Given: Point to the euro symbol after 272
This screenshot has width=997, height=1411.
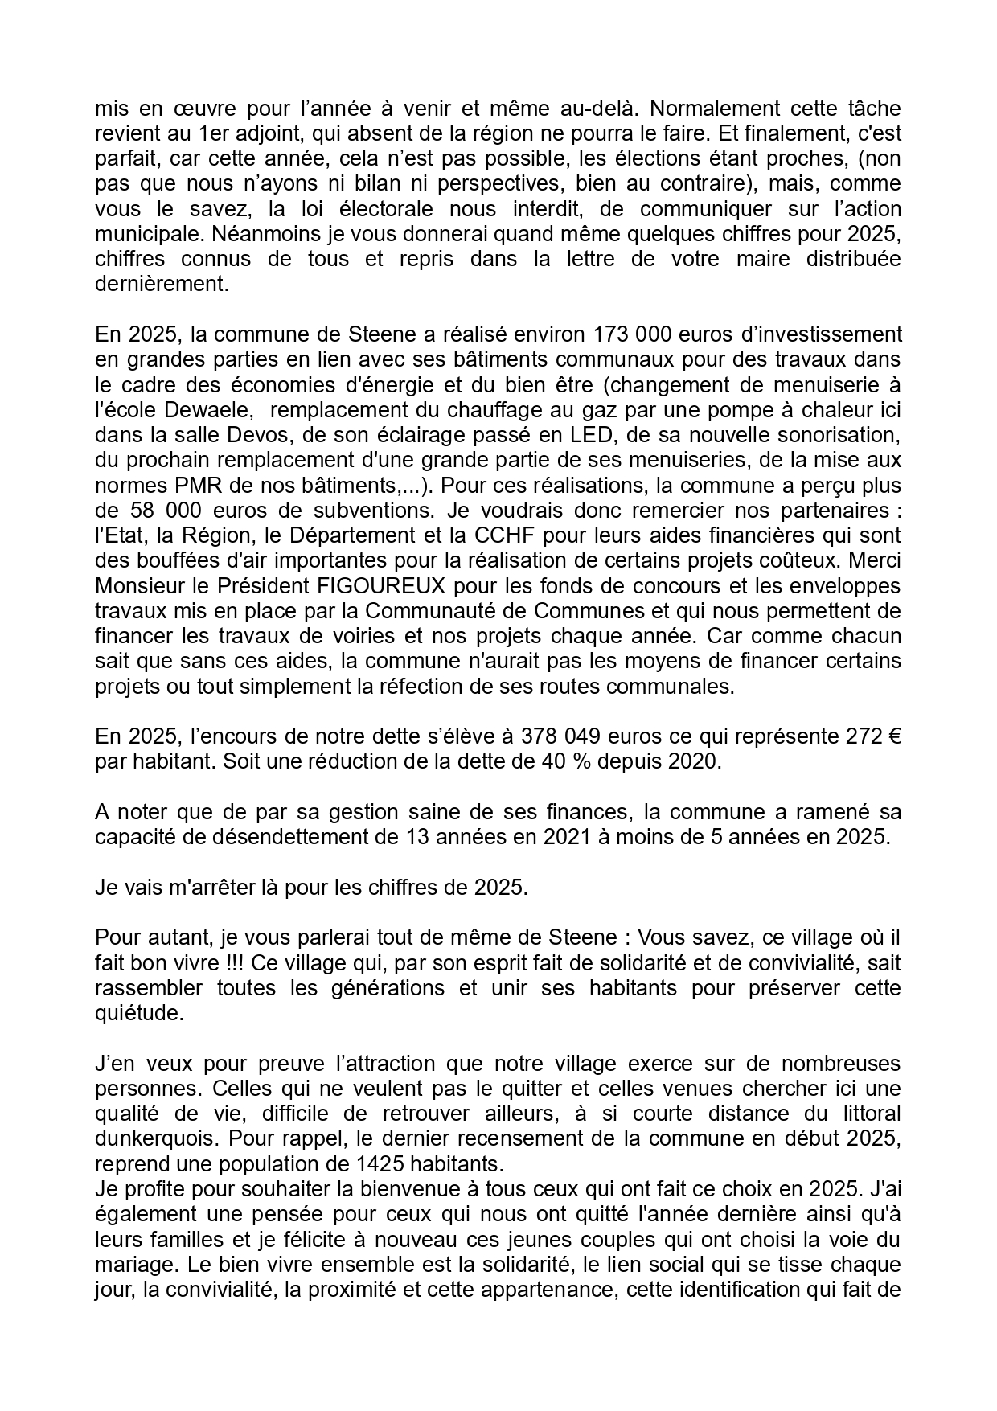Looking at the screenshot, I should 893,736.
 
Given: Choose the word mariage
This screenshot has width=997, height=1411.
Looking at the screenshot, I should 133,1265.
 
